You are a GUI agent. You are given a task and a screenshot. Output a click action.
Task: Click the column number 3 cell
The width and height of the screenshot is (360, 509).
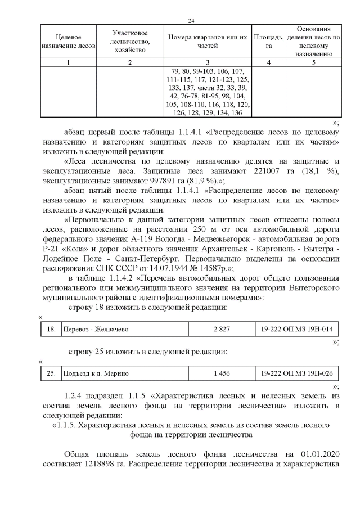click(x=208, y=62)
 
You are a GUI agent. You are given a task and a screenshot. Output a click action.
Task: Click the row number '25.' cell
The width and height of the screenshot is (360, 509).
click(x=51, y=373)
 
